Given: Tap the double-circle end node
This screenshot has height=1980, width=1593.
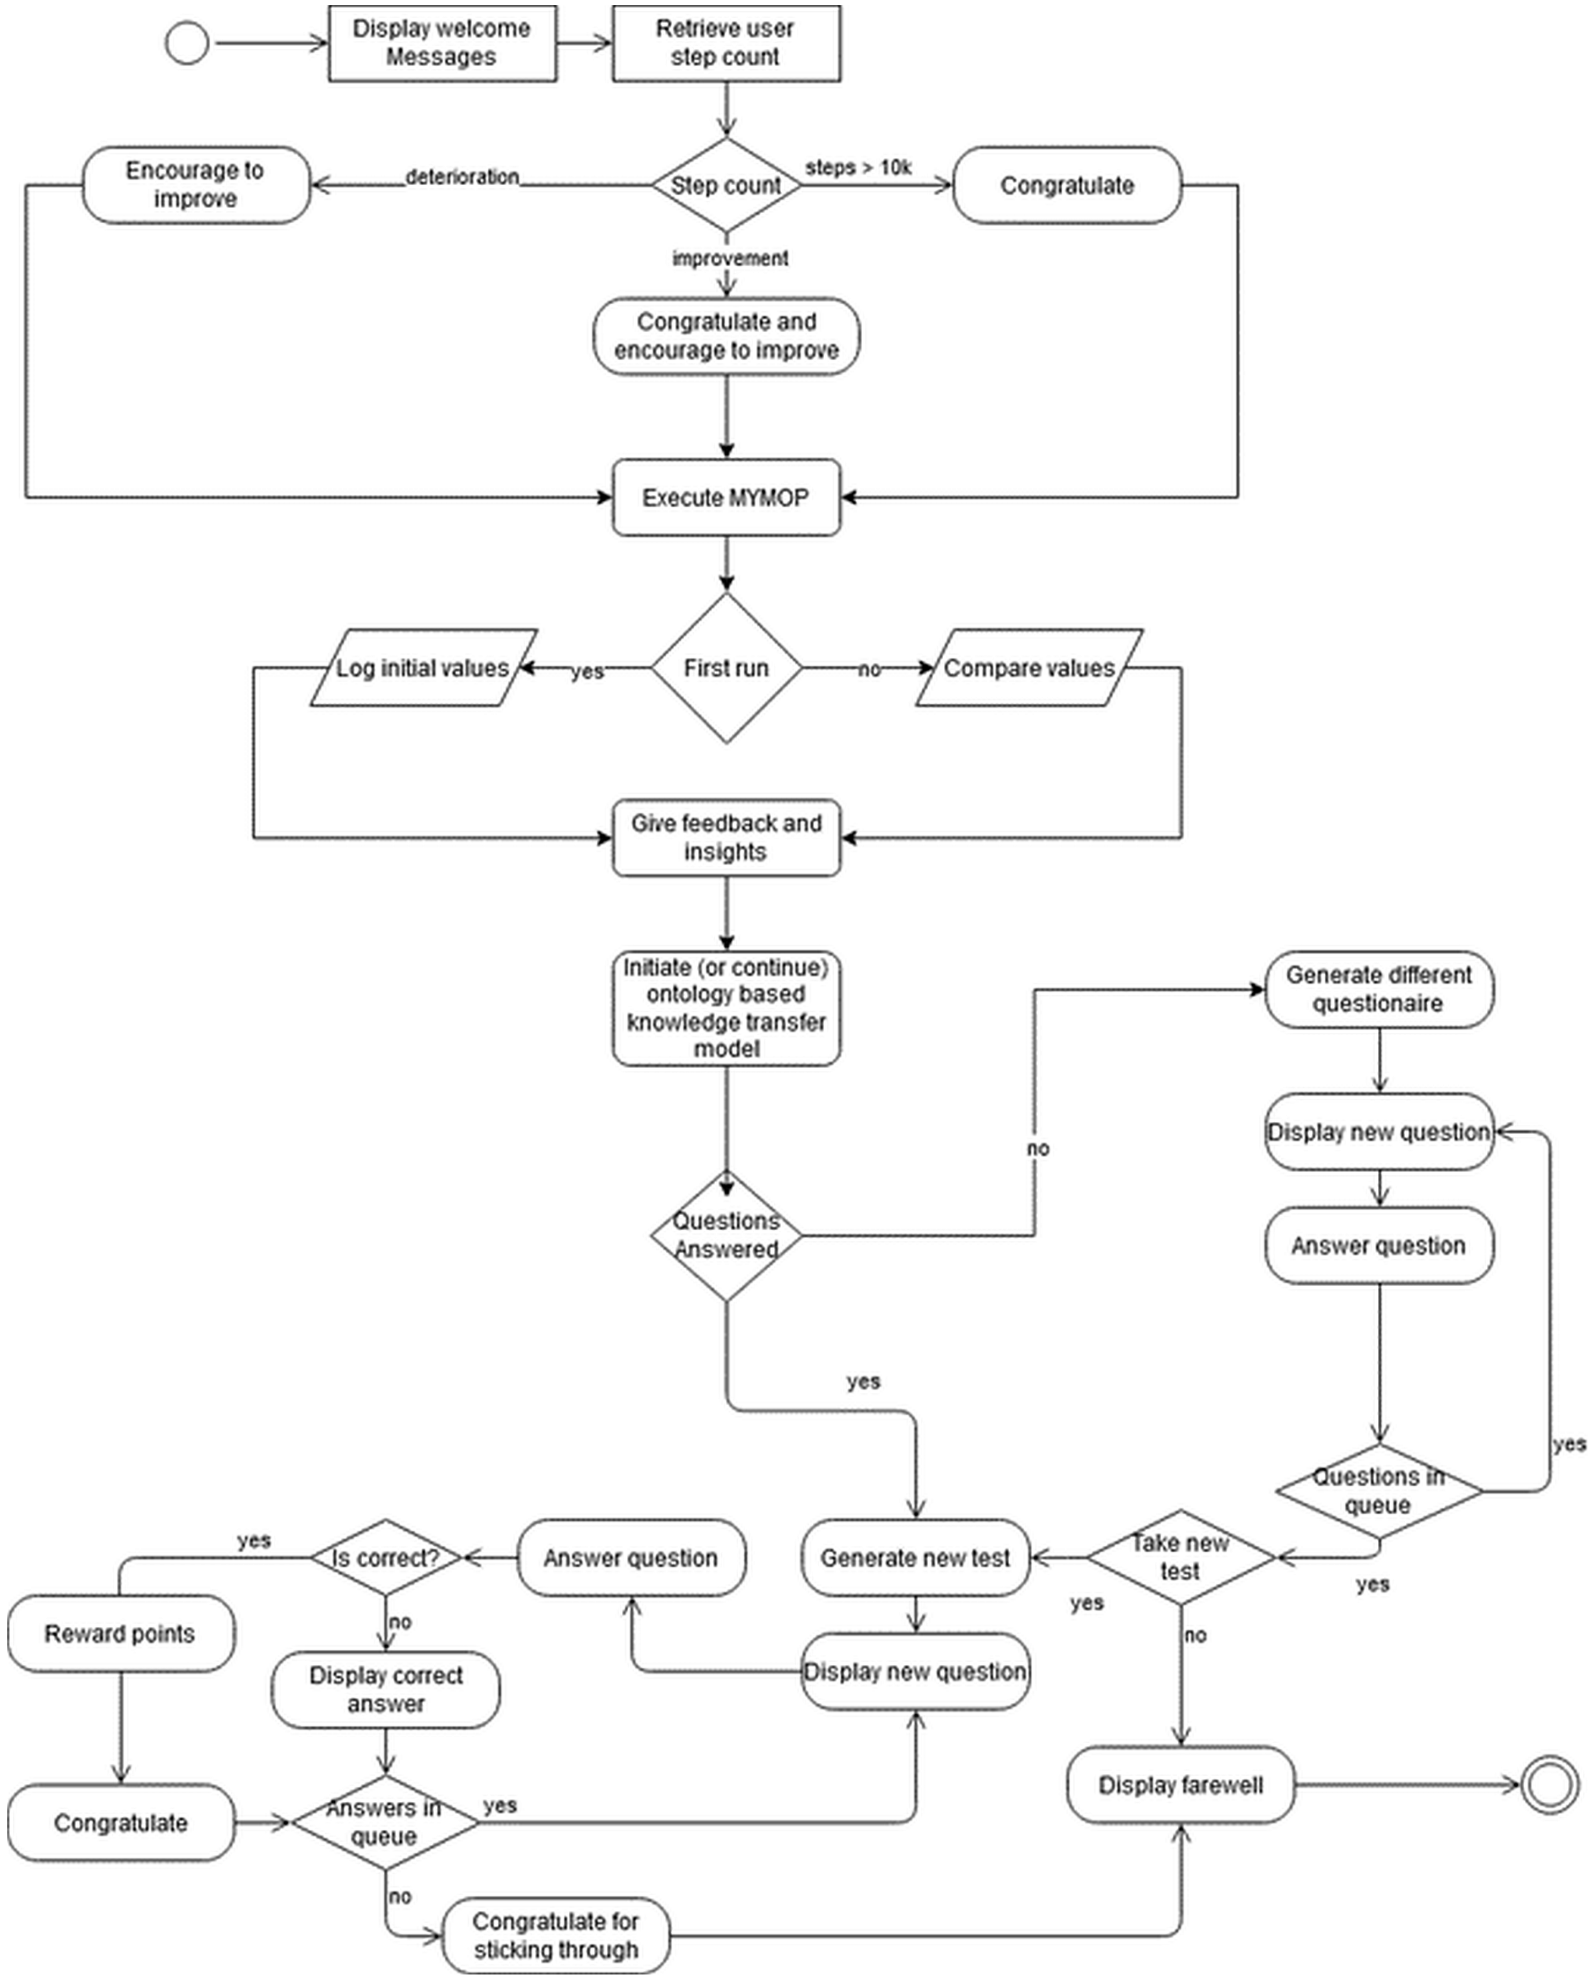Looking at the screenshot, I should (1551, 1785).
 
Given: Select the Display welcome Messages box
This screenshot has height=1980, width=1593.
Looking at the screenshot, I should (442, 43).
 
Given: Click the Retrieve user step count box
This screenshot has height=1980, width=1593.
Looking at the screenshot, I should (725, 43).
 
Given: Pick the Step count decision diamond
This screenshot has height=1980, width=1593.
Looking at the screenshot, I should (725, 186).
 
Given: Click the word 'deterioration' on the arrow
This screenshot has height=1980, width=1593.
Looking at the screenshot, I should (462, 177).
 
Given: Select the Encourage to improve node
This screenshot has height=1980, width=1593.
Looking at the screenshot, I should (195, 185).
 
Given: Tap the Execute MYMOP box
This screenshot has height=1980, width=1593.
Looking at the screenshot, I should (725, 498).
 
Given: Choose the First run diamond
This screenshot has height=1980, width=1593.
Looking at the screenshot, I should (725, 668).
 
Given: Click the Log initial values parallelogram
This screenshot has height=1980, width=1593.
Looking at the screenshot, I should (422, 668).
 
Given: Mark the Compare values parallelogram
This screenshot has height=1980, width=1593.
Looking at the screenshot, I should (1029, 668).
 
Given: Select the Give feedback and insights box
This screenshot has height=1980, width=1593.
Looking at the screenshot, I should (725, 837).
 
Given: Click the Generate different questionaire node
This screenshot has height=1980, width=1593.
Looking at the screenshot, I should (1378, 989).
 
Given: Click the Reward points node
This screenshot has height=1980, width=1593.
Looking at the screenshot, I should (120, 1634).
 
